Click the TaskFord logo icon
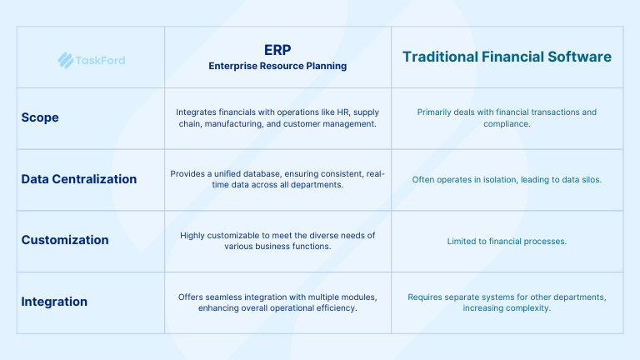click(65, 59)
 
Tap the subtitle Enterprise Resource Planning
click(277, 65)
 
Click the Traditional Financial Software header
click(507, 57)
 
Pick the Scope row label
click(40, 117)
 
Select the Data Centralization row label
click(78, 178)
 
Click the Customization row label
click(65, 240)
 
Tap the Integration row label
click(54, 302)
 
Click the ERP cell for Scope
click(277, 117)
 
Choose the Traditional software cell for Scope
click(507, 117)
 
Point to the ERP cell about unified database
click(277, 179)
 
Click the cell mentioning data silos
click(507, 179)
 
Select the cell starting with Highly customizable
click(277, 241)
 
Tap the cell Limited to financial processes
click(507, 241)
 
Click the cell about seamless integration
click(277, 302)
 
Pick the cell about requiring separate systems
click(507, 302)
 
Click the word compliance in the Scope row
click(507, 124)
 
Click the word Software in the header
click(580, 57)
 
